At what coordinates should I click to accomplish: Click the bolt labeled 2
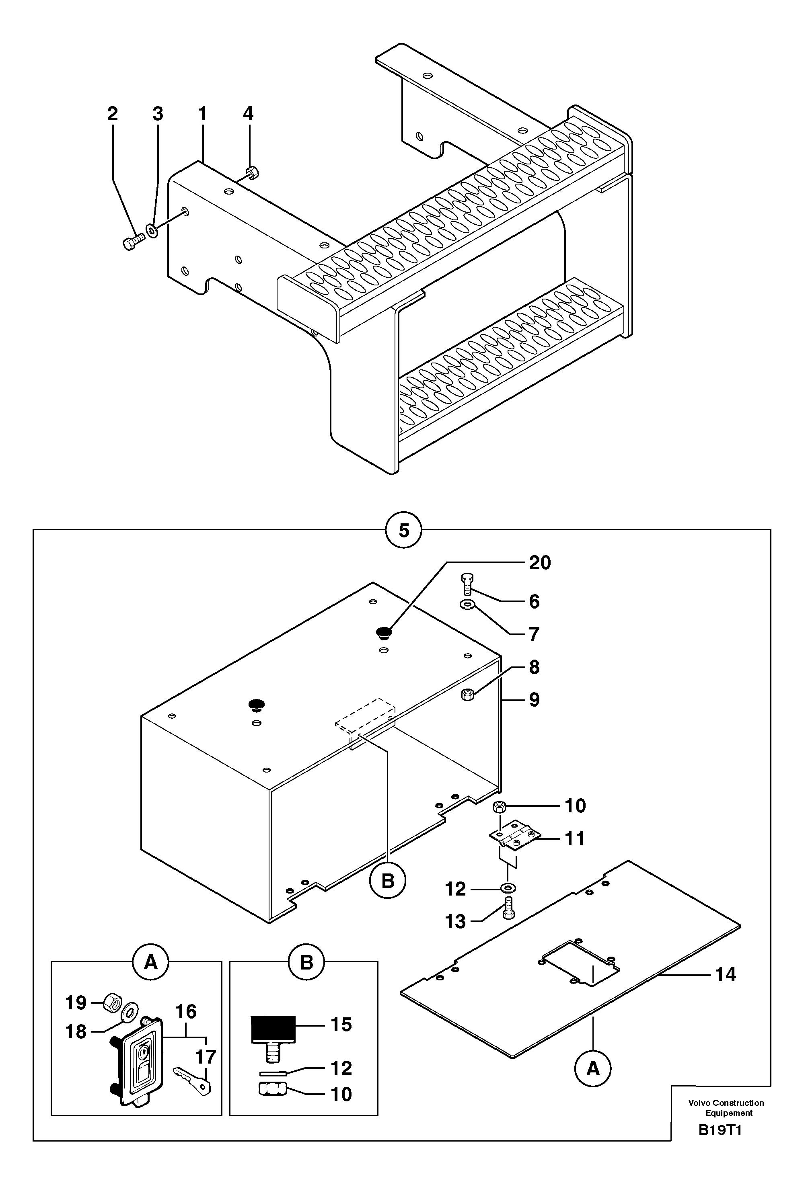coord(133,242)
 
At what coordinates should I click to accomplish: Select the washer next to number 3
coord(152,230)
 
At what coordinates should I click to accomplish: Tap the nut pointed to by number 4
coord(252,172)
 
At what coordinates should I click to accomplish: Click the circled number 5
coord(403,530)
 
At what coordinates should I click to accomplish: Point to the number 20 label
coord(539,563)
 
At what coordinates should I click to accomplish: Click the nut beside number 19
coord(112,1001)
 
